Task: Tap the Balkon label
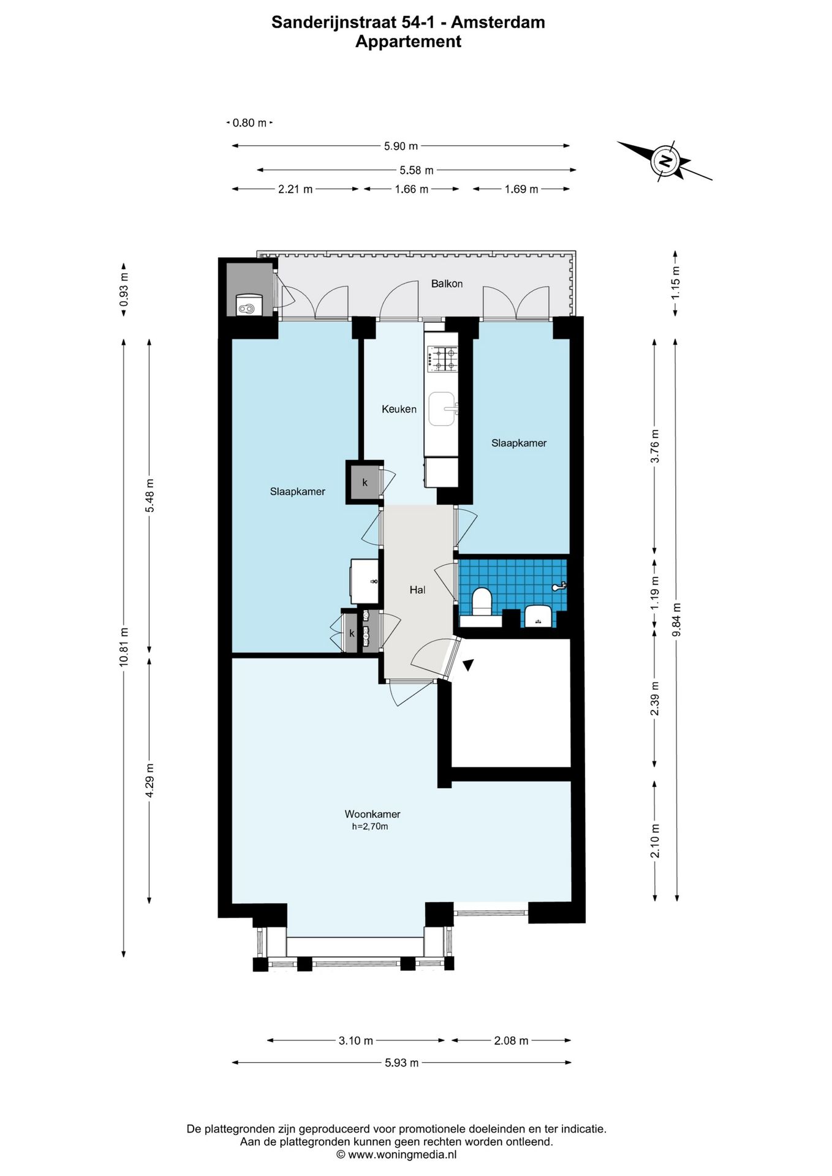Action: click(x=447, y=284)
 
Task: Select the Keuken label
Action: click(x=399, y=409)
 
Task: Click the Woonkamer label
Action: click(x=372, y=814)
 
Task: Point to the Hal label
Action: click(x=417, y=590)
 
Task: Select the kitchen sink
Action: click(x=442, y=409)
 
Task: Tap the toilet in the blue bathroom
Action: click(x=482, y=600)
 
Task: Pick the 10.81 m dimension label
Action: click(x=124, y=647)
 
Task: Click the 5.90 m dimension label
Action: click(x=401, y=146)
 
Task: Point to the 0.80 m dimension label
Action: click(x=249, y=123)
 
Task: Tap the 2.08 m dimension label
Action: click(x=511, y=1041)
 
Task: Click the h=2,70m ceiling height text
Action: click(x=369, y=827)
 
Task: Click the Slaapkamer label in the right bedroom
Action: click(x=518, y=443)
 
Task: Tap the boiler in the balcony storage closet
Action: click(x=248, y=305)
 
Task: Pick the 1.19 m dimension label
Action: click(x=654, y=592)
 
